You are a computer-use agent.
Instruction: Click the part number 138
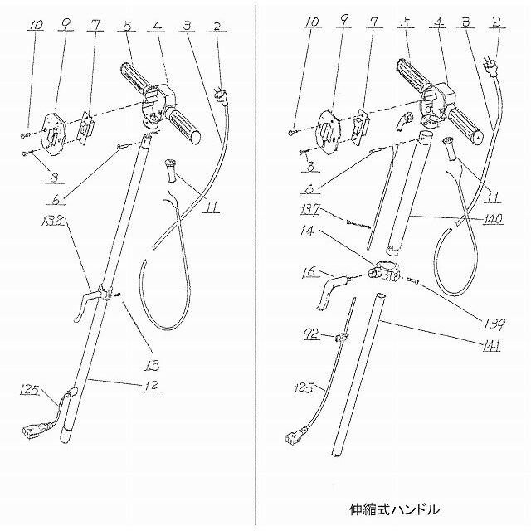click(51, 222)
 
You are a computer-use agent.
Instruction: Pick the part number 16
click(309, 271)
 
